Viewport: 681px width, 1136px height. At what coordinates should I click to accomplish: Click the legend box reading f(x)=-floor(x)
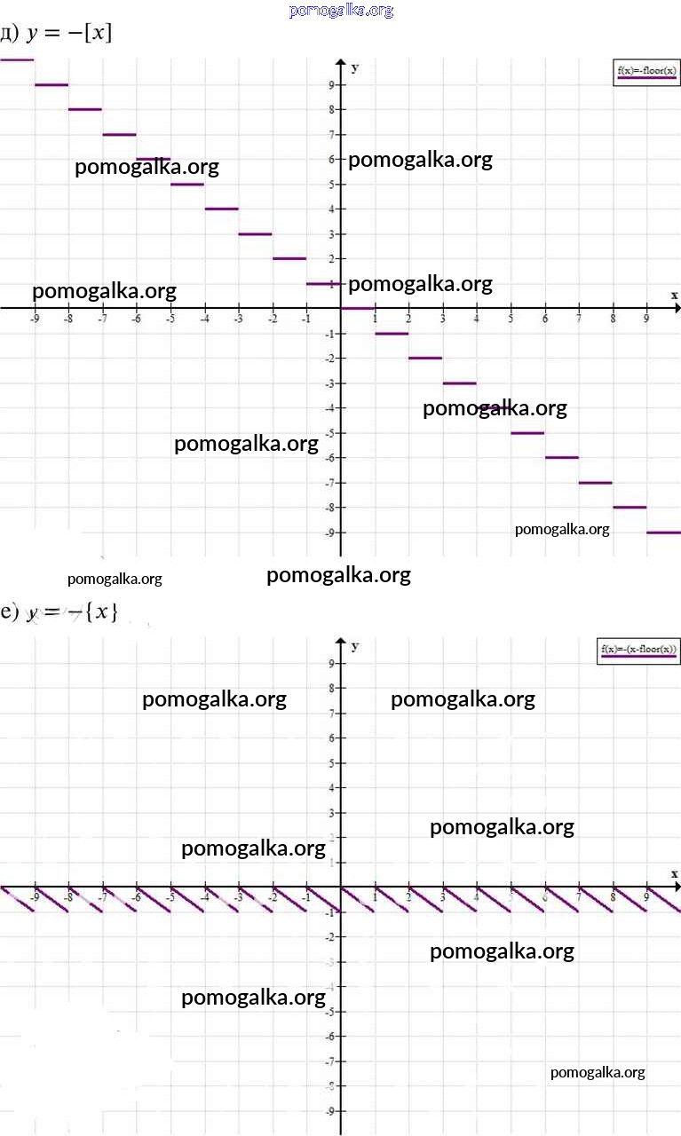646,72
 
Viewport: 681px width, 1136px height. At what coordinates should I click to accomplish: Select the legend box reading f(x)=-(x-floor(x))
637,651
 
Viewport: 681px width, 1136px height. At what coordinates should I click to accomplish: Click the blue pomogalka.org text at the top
341,11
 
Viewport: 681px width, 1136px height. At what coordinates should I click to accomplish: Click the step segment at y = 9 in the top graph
51,85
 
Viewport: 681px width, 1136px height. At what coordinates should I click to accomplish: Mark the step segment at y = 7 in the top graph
119,135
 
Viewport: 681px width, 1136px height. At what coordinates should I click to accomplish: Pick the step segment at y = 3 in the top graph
255,234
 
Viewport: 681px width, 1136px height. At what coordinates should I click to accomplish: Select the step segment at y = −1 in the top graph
392,334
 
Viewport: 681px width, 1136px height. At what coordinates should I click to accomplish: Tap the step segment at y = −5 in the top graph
527,433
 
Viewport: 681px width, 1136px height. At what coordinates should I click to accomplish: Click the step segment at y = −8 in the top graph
630,508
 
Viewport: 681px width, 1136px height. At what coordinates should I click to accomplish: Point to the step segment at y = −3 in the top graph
459,383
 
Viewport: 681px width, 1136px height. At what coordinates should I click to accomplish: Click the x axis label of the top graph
674,295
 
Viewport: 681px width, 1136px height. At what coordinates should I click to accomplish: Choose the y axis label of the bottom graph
355,646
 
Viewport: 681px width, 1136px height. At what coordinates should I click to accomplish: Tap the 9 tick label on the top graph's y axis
330,85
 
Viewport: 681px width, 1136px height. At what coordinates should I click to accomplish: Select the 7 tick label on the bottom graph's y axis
330,714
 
